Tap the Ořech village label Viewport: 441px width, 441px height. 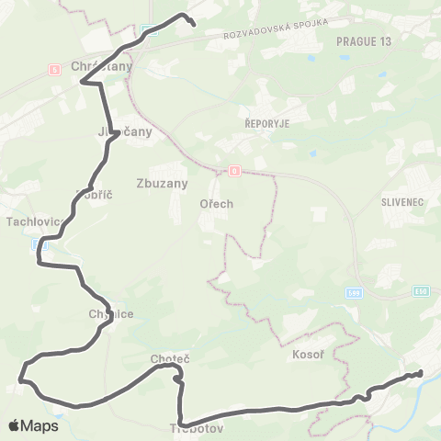(217, 205)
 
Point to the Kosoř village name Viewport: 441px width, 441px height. (303, 354)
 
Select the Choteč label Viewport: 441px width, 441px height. (169, 358)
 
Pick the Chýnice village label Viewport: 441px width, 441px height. (111, 313)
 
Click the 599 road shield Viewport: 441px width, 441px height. (354, 292)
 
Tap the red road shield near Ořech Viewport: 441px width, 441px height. (234, 171)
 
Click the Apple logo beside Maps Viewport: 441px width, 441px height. (15, 425)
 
